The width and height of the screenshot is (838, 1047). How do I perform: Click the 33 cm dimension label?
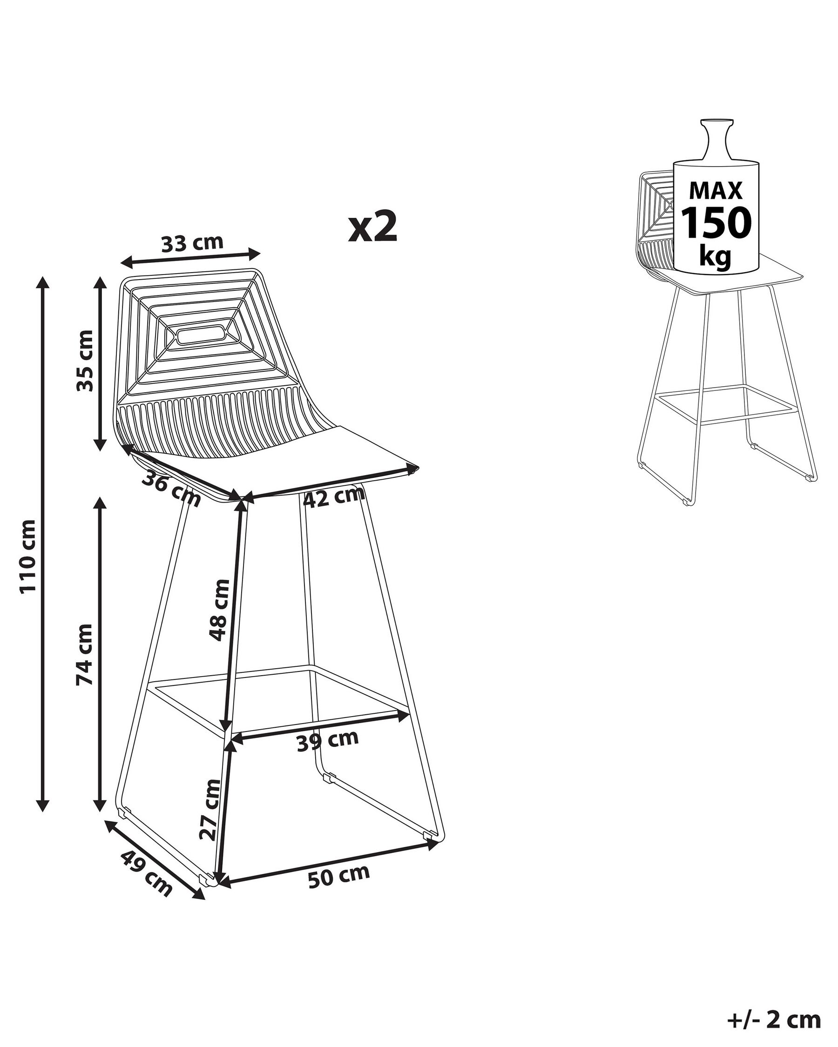(x=192, y=243)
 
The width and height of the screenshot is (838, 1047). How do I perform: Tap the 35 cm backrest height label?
(x=85, y=360)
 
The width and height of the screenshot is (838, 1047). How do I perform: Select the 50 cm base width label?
(x=339, y=876)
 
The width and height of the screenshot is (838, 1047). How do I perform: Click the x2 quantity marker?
(x=373, y=226)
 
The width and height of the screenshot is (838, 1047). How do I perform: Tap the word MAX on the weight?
(x=716, y=190)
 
